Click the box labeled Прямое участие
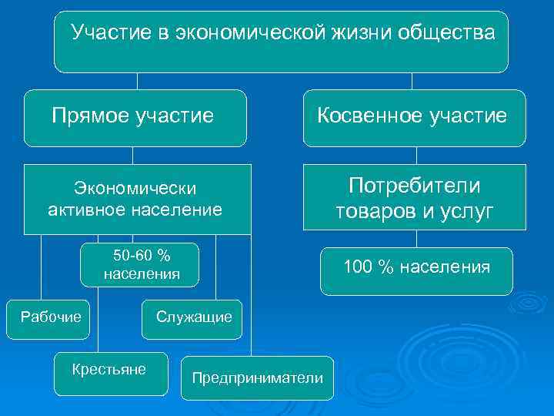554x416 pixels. [x=135, y=118]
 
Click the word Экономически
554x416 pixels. [x=135, y=188]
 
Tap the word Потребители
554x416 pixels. [x=414, y=186]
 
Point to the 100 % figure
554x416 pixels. [x=365, y=267]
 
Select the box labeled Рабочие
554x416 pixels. [x=50, y=315]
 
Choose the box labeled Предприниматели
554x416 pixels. [x=257, y=377]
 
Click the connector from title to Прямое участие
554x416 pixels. [x=137, y=81]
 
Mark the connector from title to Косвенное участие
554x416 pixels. [x=412, y=81]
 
